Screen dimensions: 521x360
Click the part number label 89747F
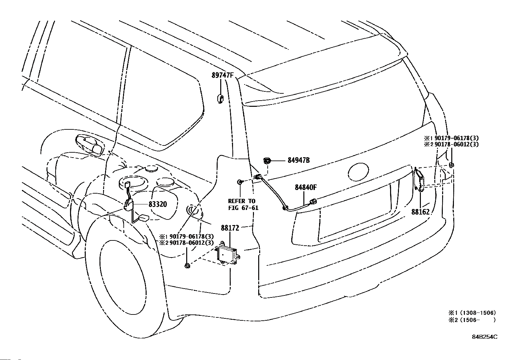click(x=222, y=75)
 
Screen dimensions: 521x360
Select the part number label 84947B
click(x=299, y=161)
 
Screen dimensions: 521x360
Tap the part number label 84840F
click(x=306, y=187)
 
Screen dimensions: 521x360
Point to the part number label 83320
click(x=158, y=204)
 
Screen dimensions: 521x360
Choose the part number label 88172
click(x=230, y=228)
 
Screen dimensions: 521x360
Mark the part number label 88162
click(x=421, y=212)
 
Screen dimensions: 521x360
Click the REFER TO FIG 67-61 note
click(x=243, y=204)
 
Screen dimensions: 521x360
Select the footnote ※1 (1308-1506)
click(x=472, y=313)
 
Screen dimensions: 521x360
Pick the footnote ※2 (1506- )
click(x=472, y=320)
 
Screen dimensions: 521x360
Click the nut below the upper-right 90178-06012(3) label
click(x=451, y=165)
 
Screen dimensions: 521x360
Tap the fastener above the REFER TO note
click(x=240, y=181)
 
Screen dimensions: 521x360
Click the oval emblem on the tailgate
click(x=358, y=172)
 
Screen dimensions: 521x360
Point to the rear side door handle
click(x=90, y=145)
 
